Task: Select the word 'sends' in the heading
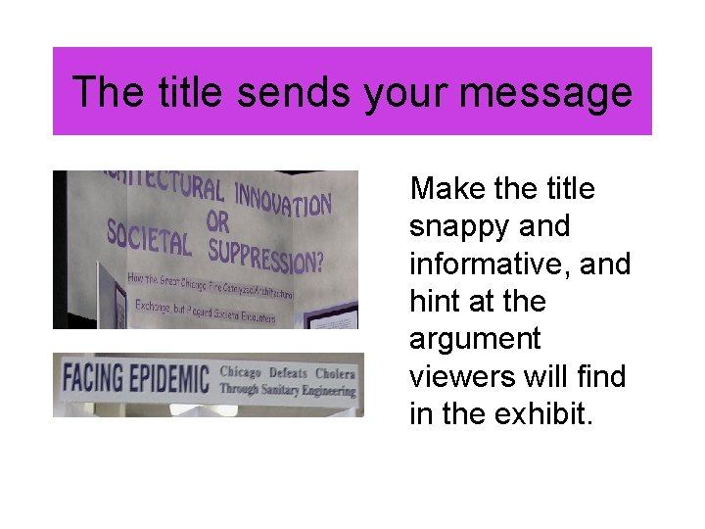pyautogui.click(x=294, y=92)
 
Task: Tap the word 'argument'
pyautogui.click(x=475, y=340)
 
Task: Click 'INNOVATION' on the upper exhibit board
pyautogui.click(x=283, y=197)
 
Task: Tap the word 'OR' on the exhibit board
pyautogui.click(x=217, y=222)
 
